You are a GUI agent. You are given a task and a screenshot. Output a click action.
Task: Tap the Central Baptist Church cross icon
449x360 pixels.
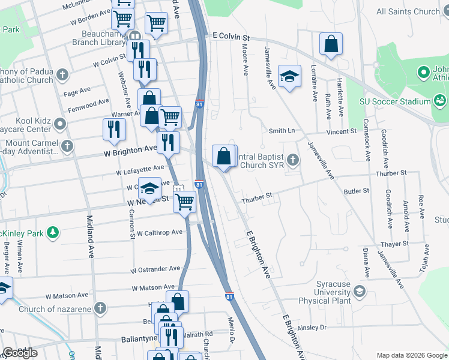tap(293, 160)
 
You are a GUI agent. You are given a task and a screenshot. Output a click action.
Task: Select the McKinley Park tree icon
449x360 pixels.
tap(53, 231)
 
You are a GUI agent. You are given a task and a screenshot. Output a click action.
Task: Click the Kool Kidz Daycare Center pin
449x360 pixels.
tap(60, 124)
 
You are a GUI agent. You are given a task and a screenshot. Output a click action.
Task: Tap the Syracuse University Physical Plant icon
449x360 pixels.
tap(359, 292)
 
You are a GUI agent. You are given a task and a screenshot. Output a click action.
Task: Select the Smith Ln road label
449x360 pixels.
tap(282, 130)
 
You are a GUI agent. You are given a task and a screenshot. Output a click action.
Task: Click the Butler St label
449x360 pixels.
tap(357, 191)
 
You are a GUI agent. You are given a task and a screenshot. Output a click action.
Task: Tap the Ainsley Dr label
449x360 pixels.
tap(311, 327)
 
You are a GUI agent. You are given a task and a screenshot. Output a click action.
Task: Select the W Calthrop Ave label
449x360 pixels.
tap(159, 232)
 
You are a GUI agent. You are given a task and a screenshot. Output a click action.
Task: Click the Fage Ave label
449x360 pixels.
tap(77, 91)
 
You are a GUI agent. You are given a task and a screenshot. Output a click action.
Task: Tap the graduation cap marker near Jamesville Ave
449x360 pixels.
tap(289, 76)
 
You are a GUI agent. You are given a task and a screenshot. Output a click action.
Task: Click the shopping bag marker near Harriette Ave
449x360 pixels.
tap(331, 44)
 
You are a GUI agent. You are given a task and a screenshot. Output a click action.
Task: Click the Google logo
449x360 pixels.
tap(20, 353)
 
